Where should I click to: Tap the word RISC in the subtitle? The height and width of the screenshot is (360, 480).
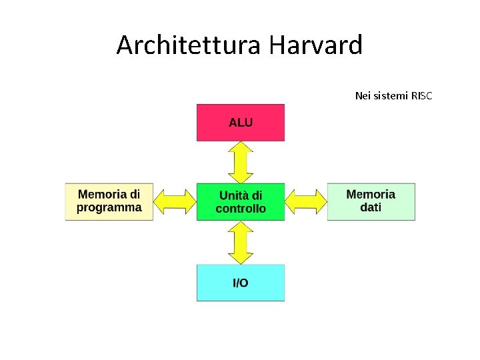click(x=421, y=96)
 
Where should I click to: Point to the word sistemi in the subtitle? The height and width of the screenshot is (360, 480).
click(x=391, y=96)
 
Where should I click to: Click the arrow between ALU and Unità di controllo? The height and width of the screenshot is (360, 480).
click(x=240, y=162)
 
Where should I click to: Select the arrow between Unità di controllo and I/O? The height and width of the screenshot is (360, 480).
click(x=240, y=243)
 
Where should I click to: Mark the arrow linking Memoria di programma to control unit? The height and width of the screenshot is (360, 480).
click(x=175, y=201)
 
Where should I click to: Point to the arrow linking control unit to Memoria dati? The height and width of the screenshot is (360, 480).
click(x=306, y=201)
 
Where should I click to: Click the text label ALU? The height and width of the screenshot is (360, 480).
click(x=241, y=123)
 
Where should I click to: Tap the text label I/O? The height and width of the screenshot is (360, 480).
click(x=240, y=283)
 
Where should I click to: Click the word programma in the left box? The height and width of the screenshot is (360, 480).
click(x=109, y=208)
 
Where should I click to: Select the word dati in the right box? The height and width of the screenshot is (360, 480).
click(x=371, y=208)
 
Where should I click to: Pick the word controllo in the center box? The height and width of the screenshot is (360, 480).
click(x=241, y=209)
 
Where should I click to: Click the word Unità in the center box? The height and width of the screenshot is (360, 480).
click(x=233, y=195)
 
